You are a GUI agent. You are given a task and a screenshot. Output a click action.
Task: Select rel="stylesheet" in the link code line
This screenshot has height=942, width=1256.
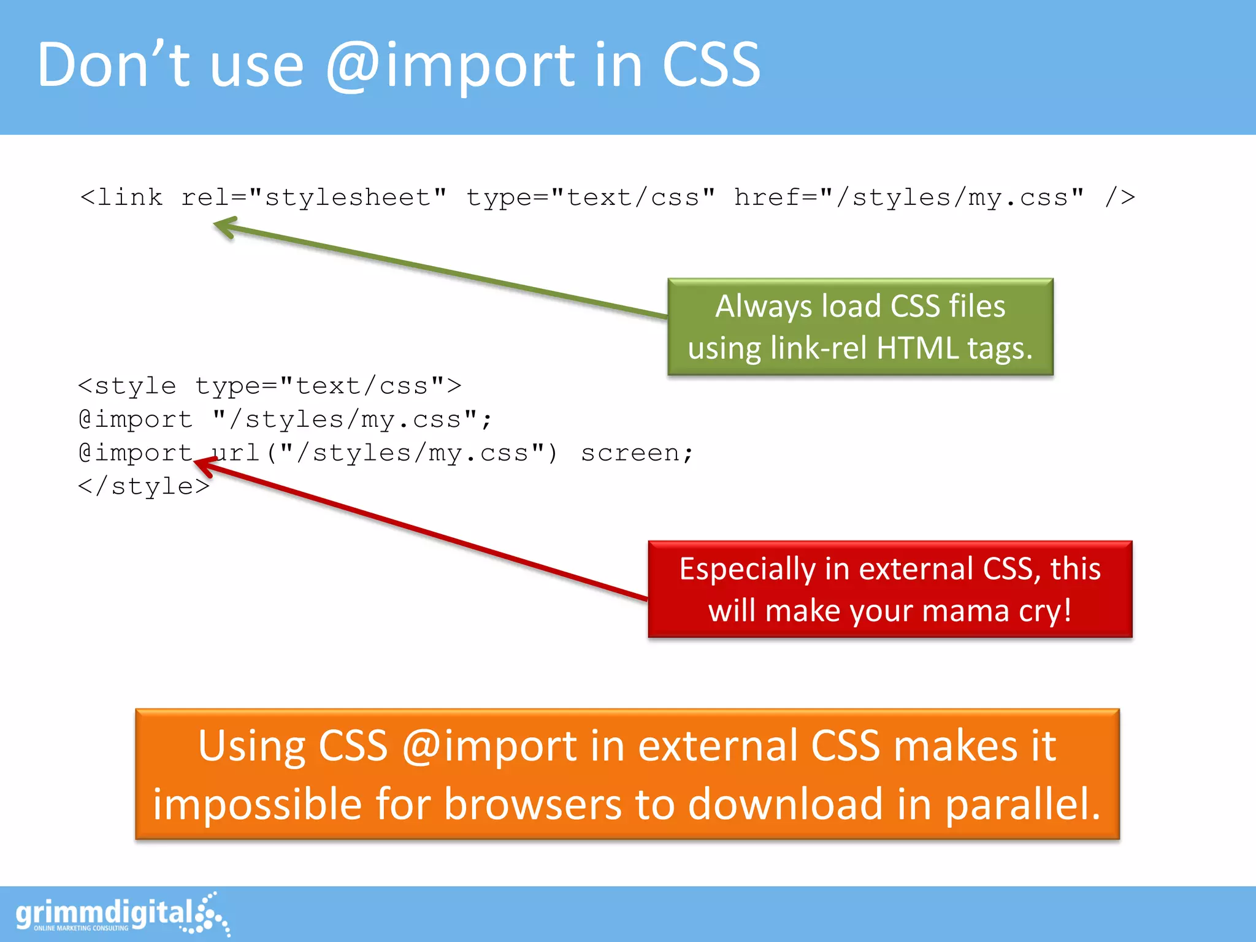tap(313, 197)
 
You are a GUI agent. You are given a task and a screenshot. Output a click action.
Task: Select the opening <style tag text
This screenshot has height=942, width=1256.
tap(127, 386)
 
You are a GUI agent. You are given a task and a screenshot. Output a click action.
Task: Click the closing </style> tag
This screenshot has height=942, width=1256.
tap(144, 486)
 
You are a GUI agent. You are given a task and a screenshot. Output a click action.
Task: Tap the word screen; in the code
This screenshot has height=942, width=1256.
tap(637, 453)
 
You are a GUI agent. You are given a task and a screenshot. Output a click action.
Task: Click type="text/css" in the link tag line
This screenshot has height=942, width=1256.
tap(590, 197)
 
